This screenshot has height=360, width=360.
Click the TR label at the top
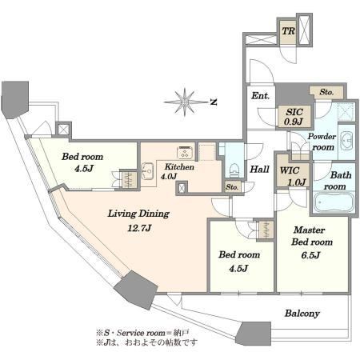(x=288, y=31)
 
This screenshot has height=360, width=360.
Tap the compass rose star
(x=184, y=102)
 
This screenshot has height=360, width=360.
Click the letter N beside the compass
(x=213, y=102)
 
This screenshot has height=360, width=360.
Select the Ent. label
(x=260, y=96)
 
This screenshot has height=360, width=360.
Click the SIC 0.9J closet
(x=294, y=116)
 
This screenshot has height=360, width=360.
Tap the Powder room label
(x=322, y=142)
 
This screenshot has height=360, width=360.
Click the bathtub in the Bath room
(x=334, y=202)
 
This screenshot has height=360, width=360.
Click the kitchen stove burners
(x=184, y=152)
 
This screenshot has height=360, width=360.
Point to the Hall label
(x=259, y=169)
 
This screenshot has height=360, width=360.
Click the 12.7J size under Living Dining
(x=139, y=228)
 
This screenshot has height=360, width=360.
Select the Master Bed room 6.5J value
(x=310, y=255)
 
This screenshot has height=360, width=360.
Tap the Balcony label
(x=302, y=314)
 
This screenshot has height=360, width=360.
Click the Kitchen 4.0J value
(x=169, y=176)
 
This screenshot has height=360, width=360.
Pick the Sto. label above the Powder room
(x=326, y=92)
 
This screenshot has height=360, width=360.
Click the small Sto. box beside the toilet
(x=232, y=187)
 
